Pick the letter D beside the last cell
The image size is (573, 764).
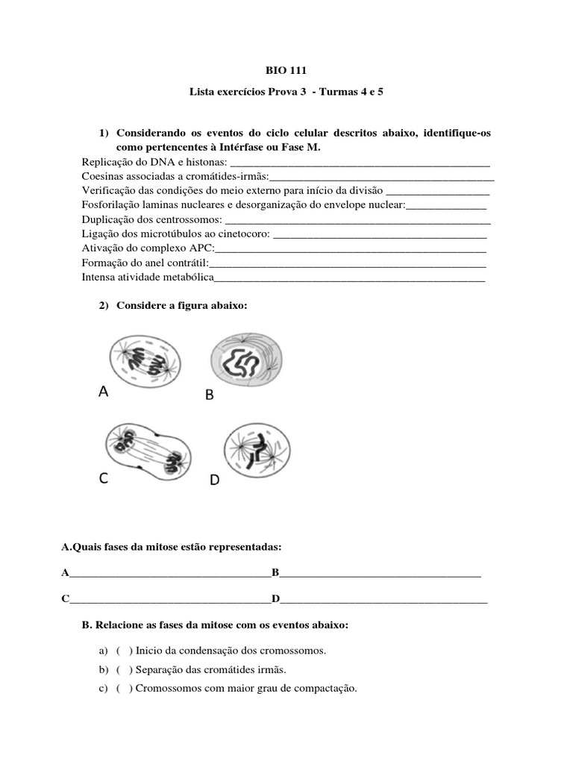[x=214, y=481]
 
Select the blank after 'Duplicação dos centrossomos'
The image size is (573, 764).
[x=357, y=220]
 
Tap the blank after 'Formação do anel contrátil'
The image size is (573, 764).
[x=348, y=263]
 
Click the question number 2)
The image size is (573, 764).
[x=104, y=307]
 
